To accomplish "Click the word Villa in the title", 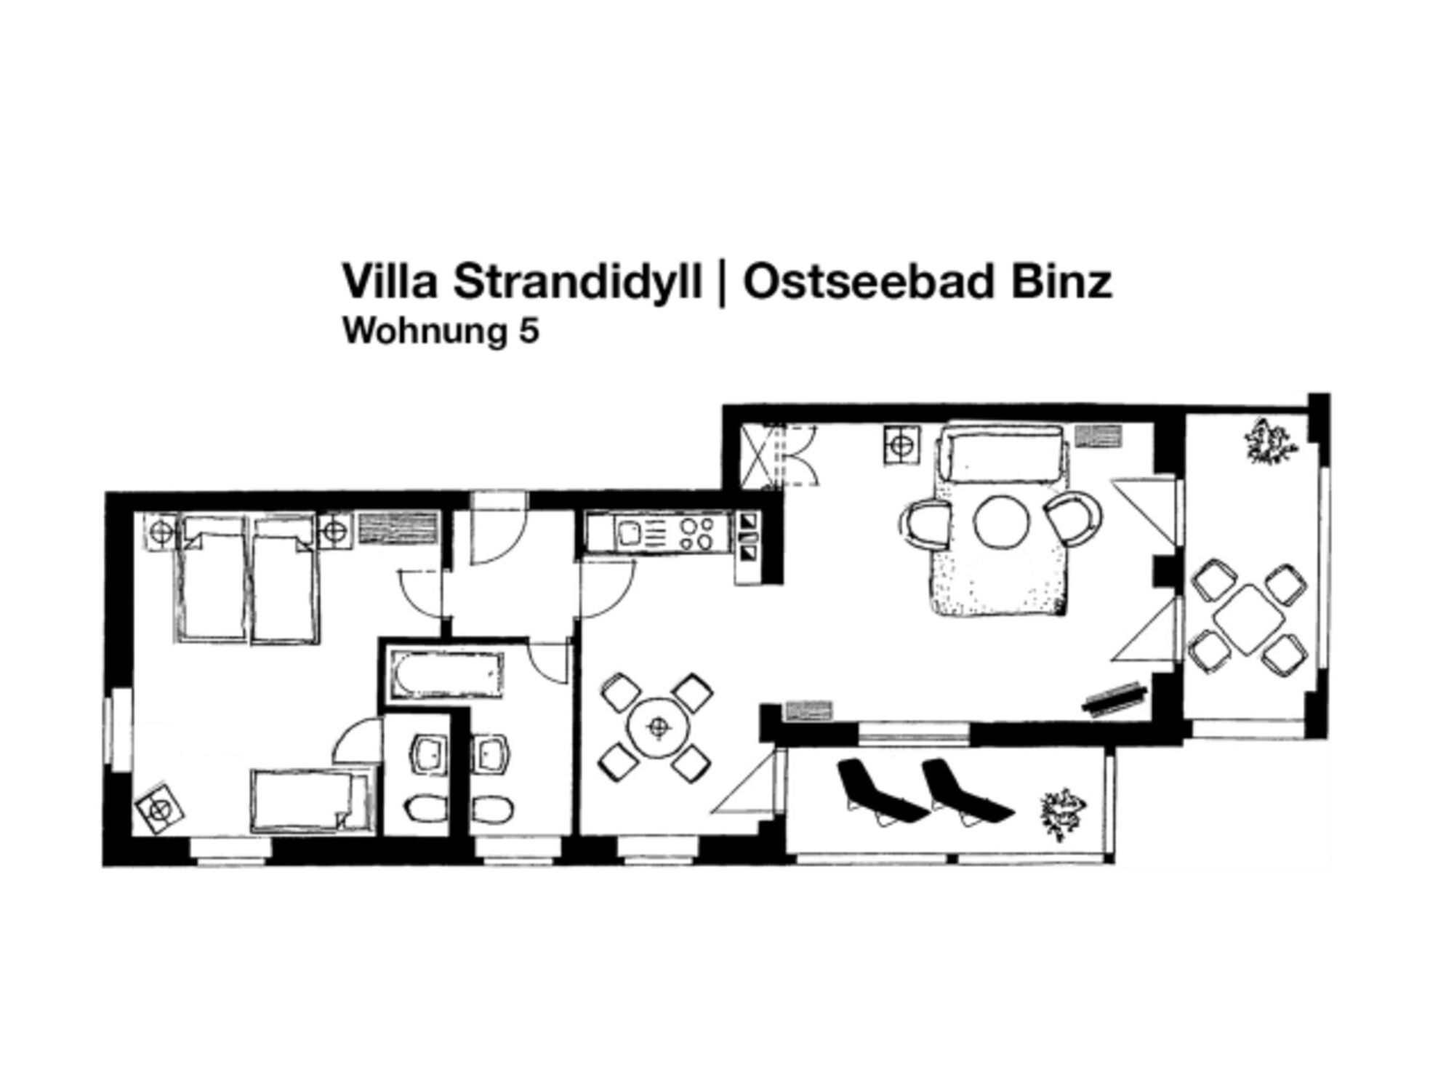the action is (x=389, y=281).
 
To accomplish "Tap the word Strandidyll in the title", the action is (x=578, y=281).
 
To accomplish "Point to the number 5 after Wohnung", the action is (x=529, y=332).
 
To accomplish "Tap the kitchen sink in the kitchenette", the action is (x=630, y=535).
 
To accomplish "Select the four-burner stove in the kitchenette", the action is (x=695, y=534).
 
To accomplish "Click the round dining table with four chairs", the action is (x=659, y=727).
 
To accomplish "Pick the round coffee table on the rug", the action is (x=1002, y=521).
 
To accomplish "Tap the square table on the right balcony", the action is (x=1248, y=619).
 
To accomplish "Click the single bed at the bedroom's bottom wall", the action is (x=310, y=801).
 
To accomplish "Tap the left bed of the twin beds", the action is (x=210, y=578).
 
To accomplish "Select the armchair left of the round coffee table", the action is (x=925, y=521).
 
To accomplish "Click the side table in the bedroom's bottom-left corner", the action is (x=159, y=808).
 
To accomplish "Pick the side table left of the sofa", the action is (x=902, y=445).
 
